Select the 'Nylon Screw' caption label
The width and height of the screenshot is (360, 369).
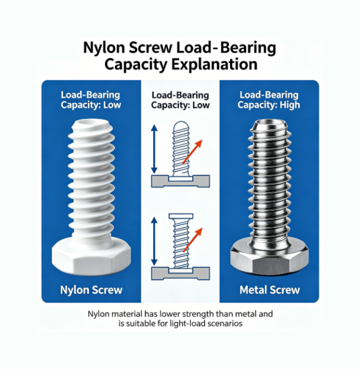click(x=91, y=290)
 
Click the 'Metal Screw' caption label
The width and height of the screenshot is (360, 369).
click(x=270, y=290)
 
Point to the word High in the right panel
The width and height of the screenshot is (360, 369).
click(x=290, y=105)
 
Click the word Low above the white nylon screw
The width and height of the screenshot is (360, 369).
click(x=112, y=105)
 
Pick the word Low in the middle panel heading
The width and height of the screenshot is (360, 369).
click(x=201, y=105)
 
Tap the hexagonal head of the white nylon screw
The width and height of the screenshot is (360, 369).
click(x=91, y=256)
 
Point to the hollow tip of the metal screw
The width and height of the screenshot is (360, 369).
click(x=270, y=124)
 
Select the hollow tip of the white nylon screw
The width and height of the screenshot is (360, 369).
click(x=91, y=124)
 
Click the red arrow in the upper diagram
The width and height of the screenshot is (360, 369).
click(x=192, y=151)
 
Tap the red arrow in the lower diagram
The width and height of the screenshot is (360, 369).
click(x=192, y=240)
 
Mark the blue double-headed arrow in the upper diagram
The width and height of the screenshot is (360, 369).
click(x=154, y=150)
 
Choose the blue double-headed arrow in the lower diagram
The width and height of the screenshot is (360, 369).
click(x=154, y=241)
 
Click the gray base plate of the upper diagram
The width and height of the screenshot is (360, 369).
click(x=180, y=181)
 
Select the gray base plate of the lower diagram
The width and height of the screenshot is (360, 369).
click(x=180, y=274)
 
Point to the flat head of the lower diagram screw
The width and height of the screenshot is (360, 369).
click(x=181, y=216)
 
